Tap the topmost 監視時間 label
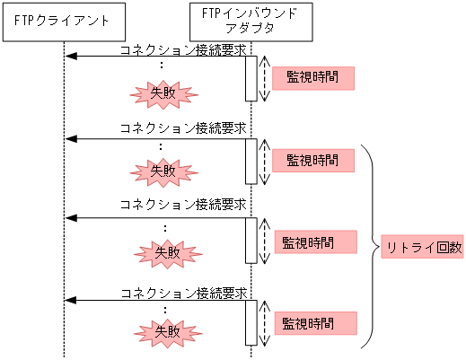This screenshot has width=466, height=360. coord(313,78)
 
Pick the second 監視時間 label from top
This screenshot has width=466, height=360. coord(313,161)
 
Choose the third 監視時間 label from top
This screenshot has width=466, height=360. coord(310,241)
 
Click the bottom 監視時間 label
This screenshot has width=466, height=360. coord(310,322)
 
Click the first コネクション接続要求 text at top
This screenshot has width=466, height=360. coord(183,50)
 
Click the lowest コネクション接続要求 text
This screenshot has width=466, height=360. coord(183,293)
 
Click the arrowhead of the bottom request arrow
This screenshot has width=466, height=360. coord(70,300)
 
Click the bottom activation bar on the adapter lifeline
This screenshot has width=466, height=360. coord(251,321)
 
